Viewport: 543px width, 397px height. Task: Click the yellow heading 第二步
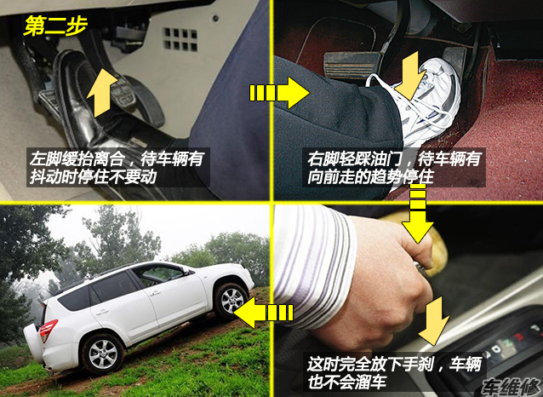click(55, 26)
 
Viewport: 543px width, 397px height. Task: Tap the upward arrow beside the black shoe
click(102, 92)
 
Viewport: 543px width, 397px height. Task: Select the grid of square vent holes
click(180, 39)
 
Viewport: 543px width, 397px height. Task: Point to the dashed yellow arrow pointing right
click(279, 93)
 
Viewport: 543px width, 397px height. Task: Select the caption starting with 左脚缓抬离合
click(117, 168)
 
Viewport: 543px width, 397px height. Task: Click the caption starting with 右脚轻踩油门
click(394, 168)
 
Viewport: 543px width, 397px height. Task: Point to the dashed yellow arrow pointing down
click(418, 213)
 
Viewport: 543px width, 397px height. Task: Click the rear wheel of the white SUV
click(102, 354)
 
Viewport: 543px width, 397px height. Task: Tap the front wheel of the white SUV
click(231, 301)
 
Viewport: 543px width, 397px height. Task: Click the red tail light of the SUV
click(48, 330)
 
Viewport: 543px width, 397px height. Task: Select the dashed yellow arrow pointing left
click(264, 313)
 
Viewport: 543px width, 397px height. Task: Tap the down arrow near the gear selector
click(434, 320)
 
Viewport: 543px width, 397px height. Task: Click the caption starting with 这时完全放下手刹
click(394, 373)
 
